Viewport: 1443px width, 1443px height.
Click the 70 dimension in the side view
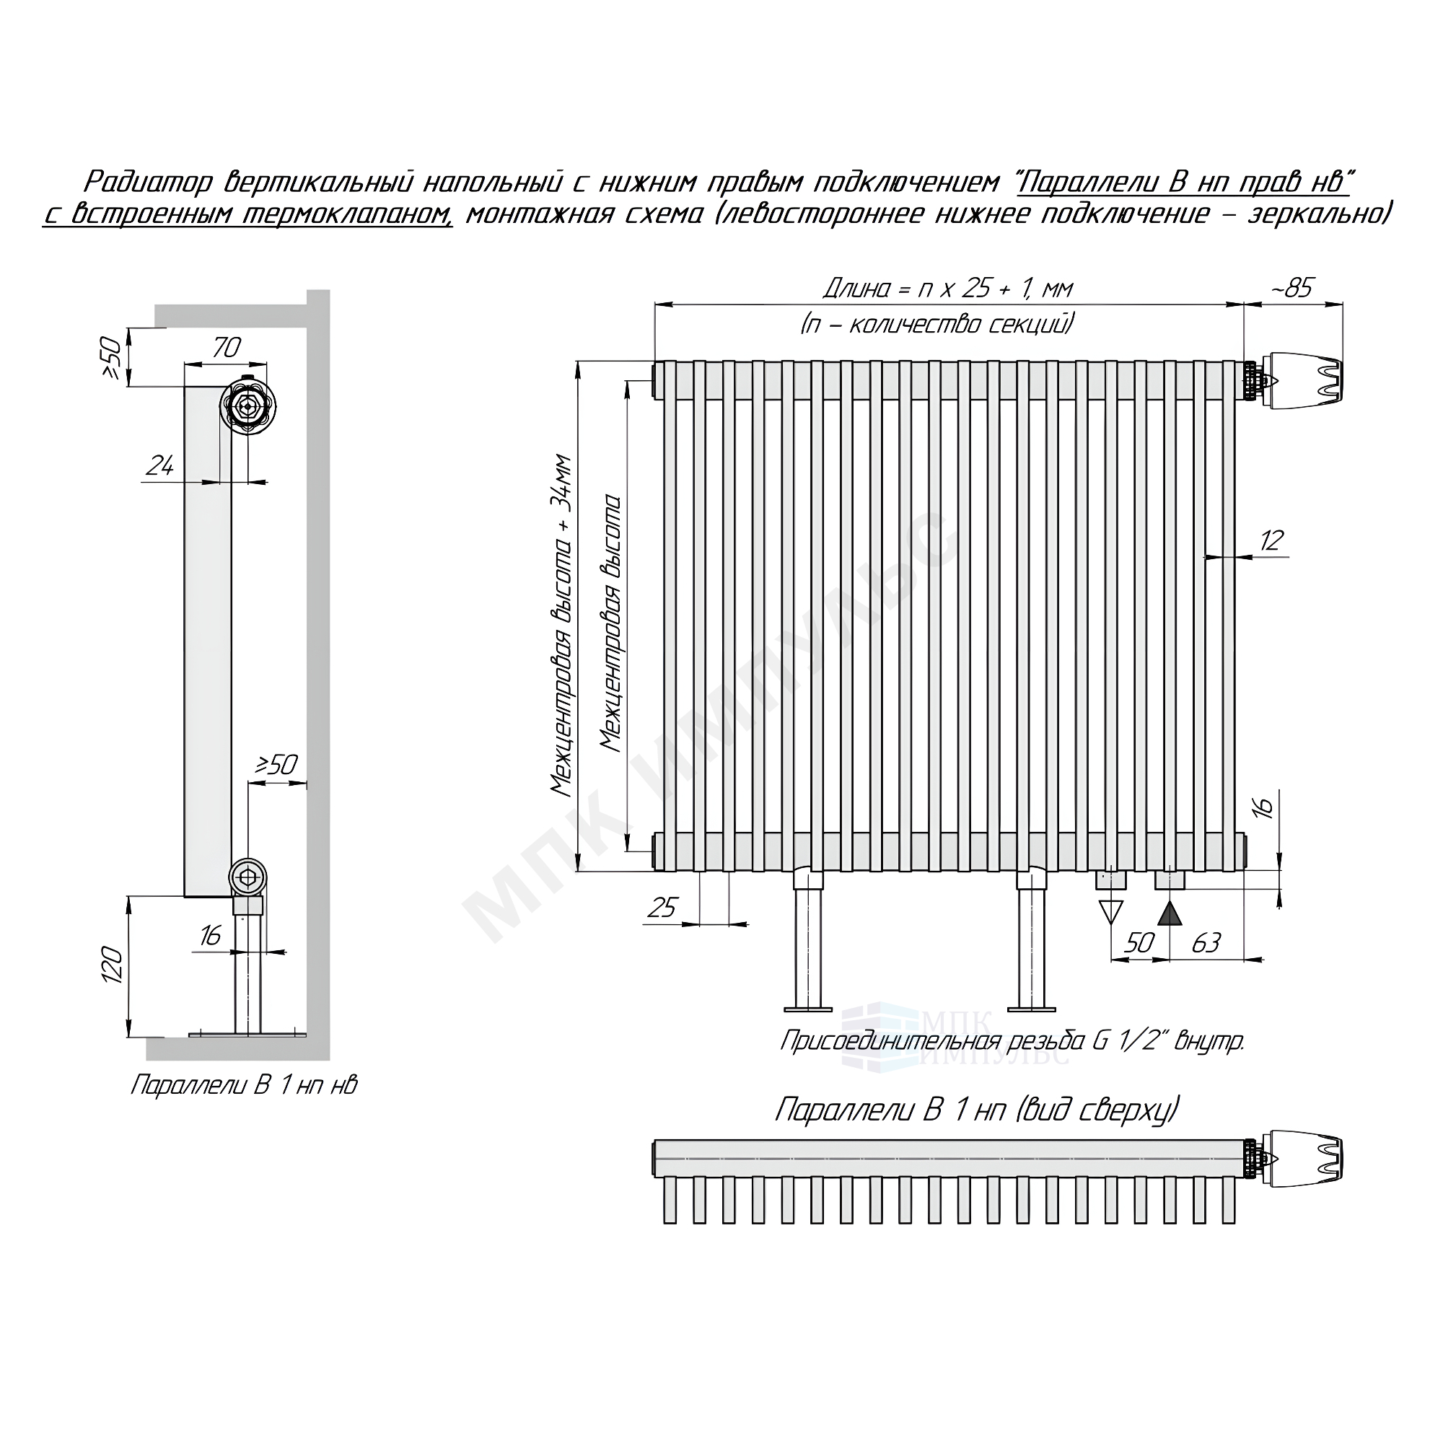tap(227, 347)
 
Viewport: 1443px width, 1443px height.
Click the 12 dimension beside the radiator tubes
tap(1271, 540)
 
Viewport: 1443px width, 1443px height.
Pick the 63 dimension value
tap(1206, 943)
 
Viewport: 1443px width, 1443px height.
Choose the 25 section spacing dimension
tap(662, 908)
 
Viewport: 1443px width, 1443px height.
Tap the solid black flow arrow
tap(1170, 913)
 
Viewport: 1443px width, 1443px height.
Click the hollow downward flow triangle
tap(1111, 912)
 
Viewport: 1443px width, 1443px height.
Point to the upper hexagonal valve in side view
tap(248, 407)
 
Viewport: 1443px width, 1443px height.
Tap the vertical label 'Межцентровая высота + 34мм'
tap(561, 626)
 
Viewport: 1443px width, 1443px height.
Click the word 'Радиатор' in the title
tap(148, 183)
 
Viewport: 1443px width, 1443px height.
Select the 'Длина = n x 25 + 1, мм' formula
tap(949, 289)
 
